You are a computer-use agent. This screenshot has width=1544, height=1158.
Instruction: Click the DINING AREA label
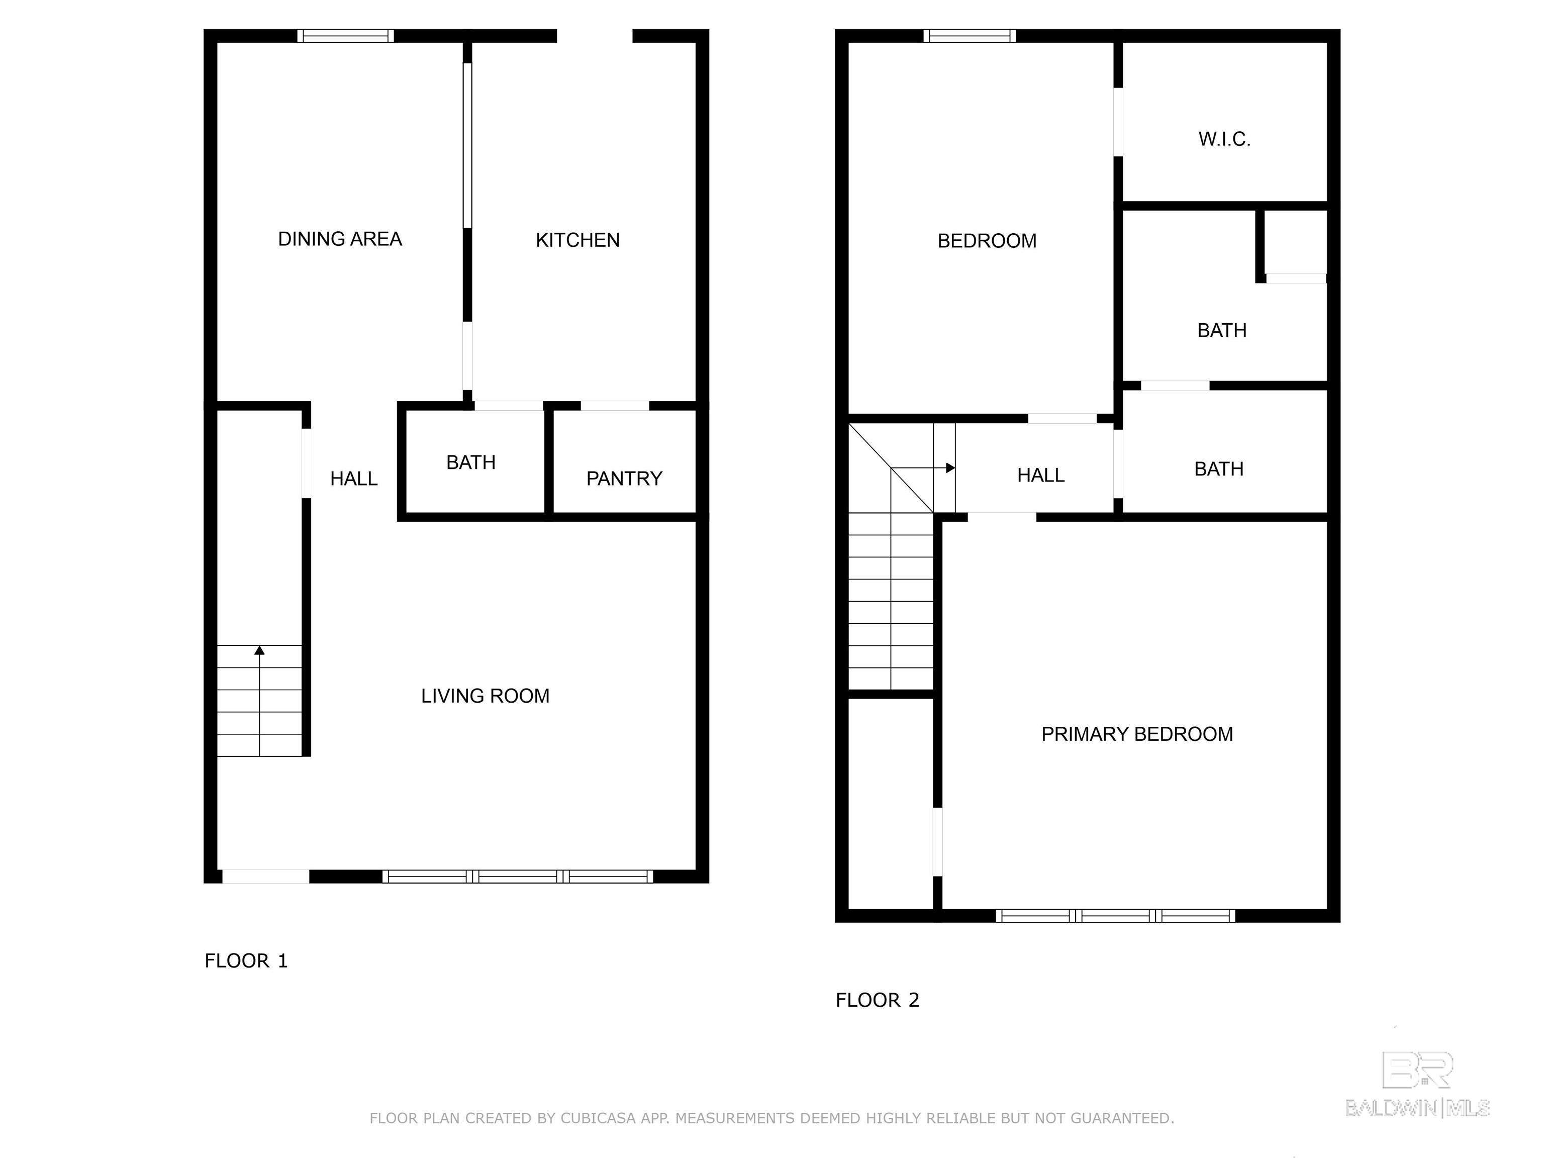pyautogui.click(x=340, y=239)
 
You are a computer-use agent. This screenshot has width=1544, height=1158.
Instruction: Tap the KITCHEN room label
pyautogui.click(x=577, y=240)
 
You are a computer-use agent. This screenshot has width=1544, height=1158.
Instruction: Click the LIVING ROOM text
pyautogui.click(x=485, y=696)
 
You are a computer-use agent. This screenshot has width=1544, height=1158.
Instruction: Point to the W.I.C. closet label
pyautogui.click(x=1224, y=140)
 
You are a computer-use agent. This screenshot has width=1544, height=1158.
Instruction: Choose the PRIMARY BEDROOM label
pyautogui.click(x=1137, y=734)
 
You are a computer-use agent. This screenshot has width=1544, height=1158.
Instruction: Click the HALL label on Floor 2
pyautogui.click(x=1041, y=475)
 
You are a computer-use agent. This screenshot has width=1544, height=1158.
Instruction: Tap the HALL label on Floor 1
pyautogui.click(x=354, y=479)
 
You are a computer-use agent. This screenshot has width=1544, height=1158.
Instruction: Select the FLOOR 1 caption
pyautogui.click(x=246, y=961)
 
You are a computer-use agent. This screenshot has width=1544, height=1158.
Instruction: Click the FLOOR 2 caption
pyautogui.click(x=878, y=1000)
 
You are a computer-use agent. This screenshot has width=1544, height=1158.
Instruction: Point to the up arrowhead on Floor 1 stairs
pyautogui.click(x=260, y=650)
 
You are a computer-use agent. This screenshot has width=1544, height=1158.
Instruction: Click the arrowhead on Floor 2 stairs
pyautogui.click(x=951, y=467)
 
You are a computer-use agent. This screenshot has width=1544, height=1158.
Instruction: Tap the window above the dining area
pyautogui.click(x=345, y=36)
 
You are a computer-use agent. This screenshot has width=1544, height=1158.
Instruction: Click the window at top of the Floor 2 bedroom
pyautogui.click(x=970, y=36)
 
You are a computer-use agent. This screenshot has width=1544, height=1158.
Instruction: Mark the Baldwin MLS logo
pyautogui.click(x=1418, y=1084)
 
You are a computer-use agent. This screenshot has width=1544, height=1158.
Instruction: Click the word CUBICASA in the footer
pyautogui.click(x=598, y=1118)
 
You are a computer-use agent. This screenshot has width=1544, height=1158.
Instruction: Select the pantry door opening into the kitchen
pyautogui.click(x=615, y=406)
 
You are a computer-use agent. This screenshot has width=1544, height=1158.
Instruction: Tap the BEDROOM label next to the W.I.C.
pyautogui.click(x=987, y=241)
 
